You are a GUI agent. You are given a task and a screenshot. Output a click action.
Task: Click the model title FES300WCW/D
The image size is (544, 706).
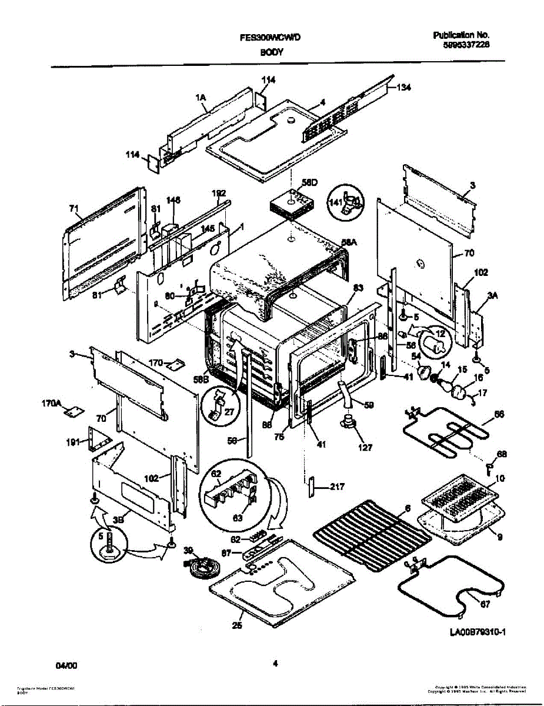(x=271, y=38)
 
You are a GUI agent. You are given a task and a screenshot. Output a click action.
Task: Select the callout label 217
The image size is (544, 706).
(x=337, y=487)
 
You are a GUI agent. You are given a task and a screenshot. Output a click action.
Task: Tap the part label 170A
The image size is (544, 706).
(x=51, y=404)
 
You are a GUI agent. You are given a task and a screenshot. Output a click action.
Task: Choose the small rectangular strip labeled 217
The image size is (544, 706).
(x=312, y=488)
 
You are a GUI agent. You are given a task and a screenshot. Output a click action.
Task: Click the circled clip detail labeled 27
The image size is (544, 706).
(x=220, y=406)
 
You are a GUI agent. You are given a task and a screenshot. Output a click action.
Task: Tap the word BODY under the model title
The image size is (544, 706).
(x=272, y=52)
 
